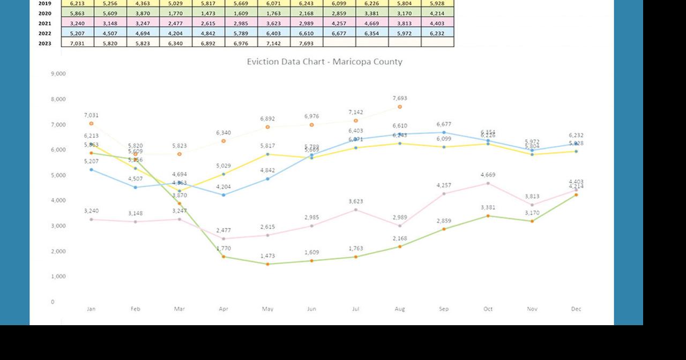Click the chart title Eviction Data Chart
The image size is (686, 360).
point(324,62)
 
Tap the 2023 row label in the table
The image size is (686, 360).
point(45,43)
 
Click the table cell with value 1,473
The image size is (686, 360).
point(208,13)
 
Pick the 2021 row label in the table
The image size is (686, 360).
point(45,24)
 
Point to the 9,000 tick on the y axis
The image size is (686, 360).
point(58,73)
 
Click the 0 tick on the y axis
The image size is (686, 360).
point(53,302)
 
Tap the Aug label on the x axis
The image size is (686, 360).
point(400,309)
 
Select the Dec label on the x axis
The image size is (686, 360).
point(576,309)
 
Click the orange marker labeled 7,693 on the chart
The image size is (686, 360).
point(400,107)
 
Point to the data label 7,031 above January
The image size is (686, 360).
point(91,115)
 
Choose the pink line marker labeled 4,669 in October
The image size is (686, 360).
point(488,183)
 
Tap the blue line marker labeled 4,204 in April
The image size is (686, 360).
point(223,195)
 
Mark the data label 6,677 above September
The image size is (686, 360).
point(444,124)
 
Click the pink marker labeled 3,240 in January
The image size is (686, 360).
point(91,219)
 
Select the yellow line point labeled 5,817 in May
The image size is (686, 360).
point(267,154)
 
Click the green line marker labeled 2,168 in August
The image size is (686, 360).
point(400,246)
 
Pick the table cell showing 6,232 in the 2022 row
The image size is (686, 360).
point(437,33)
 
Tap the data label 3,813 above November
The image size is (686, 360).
point(532,197)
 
